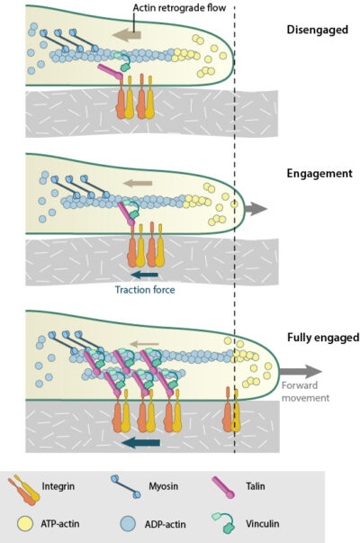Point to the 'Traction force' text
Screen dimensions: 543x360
144,289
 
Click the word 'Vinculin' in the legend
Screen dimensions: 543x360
265,522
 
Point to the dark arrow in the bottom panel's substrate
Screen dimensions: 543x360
141,442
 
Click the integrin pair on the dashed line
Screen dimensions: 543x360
232,418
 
